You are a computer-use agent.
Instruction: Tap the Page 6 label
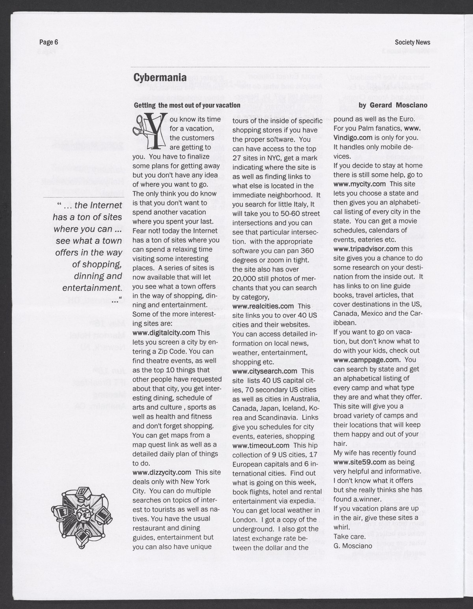tap(48, 43)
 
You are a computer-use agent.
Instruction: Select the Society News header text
tap(412, 43)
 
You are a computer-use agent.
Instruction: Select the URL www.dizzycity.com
tap(162, 472)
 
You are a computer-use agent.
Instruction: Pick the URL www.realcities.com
tap(263, 306)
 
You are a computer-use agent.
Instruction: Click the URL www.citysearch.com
tap(265, 371)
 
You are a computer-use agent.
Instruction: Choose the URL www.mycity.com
tap(359, 184)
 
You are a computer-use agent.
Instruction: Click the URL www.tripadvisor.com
tap(367, 249)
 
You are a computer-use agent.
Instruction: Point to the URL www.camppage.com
tap(367, 360)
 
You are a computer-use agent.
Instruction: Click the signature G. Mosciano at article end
tap(352, 546)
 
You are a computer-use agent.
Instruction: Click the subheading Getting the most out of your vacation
tap(187, 105)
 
